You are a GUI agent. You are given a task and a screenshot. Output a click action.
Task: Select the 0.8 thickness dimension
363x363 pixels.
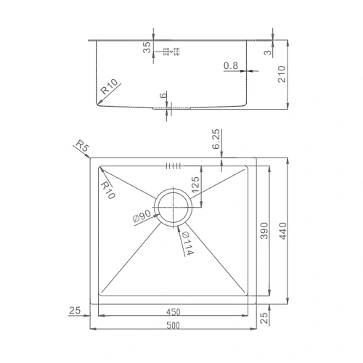pyautogui.click(x=231, y=66)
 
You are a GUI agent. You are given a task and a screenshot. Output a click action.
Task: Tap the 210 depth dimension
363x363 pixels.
pyautogui.click(x=282, y=73)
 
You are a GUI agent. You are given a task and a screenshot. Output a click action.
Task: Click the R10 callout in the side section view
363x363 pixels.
pyautogui.click(x=110, y=89)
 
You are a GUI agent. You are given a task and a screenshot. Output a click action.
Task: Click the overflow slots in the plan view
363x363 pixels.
pyautogui.click(x=173, y=166)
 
